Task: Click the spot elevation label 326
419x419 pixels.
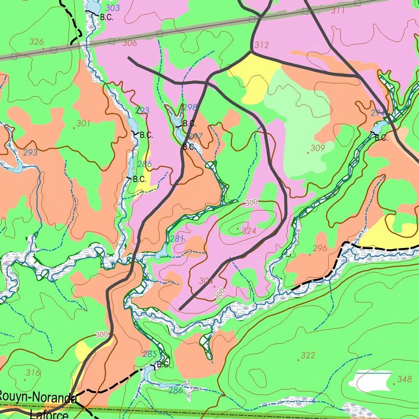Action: [x=37, y=41]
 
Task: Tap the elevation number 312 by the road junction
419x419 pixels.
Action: [x=261, y=45]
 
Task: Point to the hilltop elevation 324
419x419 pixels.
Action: [x=249, y=231]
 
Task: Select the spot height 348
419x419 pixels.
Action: [x=405, y=378]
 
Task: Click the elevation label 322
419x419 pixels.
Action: [x=308, y=356]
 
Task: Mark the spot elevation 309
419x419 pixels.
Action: [x=318, y=148]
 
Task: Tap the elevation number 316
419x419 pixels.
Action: [x=33, y=372]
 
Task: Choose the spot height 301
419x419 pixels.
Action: [x=83, y=123]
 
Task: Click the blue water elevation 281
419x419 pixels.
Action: [x=177, y=239]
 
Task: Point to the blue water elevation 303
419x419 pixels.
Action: [x=113, y=8]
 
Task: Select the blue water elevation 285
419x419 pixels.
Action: [x=150, y=354]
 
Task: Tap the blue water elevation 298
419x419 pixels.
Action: [x=190, y=107]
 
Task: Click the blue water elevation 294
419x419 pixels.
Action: [x=378, y=113]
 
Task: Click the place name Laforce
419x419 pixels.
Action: [x=49, y=414]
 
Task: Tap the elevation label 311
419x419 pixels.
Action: [x=338, y=11]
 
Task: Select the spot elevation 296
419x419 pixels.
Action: [x=320, y=248]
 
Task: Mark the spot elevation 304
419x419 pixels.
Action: [x=207, y=281]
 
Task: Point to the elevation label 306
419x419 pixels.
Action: [x=130, y=43]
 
